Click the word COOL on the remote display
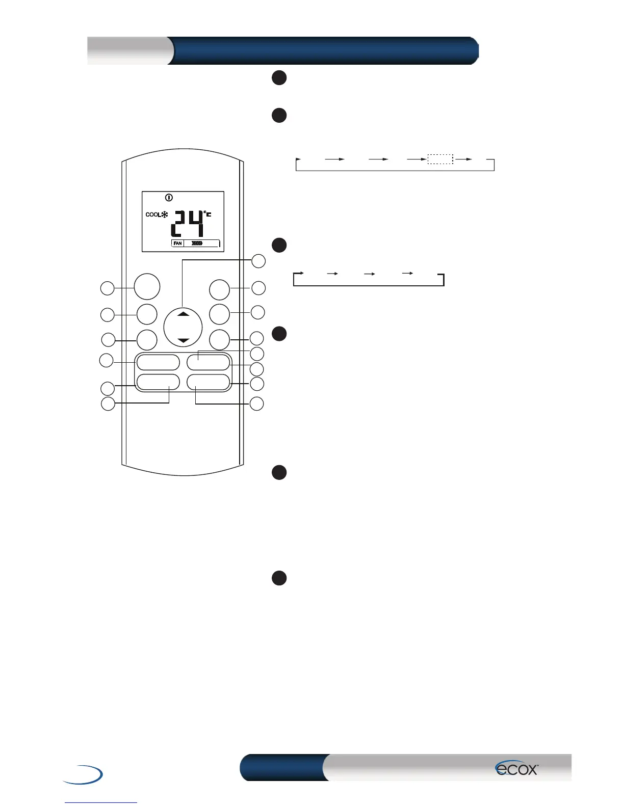pos(153,214)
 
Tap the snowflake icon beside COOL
pos(165,214)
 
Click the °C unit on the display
pos(207,214)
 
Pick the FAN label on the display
pos(177,244)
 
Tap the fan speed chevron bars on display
pos(197,244)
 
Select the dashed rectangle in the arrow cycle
pos(440,159)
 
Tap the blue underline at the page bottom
pos(101,802)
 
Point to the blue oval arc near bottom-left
pos(84,774)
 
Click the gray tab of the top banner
pos(129,50)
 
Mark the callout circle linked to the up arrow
pos(259,261)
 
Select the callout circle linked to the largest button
pos(107,288)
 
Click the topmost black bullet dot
pos(279,77)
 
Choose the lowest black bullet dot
pos(279,578)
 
